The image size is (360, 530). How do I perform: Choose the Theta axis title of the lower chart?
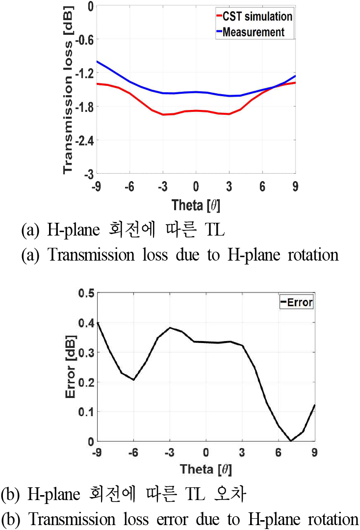(x=206, y=470)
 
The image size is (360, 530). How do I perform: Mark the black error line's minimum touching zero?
(x=291, y=441)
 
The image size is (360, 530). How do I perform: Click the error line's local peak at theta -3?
(x=170, y=327)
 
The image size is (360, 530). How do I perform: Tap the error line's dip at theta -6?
(x=133, y=379)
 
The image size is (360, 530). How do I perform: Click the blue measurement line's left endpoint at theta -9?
(x=97, y=62)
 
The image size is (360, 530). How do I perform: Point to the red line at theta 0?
(x=196, y=110)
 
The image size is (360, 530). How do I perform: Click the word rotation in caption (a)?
(x=307, y=255)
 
